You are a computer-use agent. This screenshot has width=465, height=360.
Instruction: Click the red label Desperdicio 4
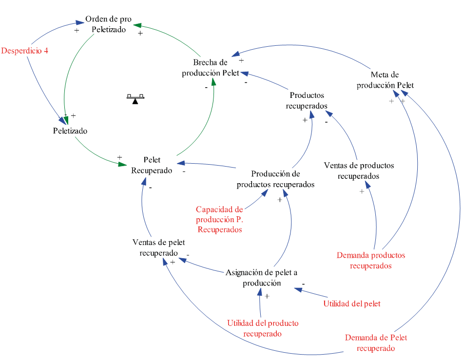pyautogui.click(x=24, y=50)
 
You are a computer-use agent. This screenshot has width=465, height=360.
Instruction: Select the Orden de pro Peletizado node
pyautogui.click(x=108, y=24)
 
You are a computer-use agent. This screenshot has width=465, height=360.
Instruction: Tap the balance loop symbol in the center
pyautogui.click(x=135, y=99)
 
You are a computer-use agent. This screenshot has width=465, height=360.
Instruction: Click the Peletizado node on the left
pyautogui.click(x=70, y=131)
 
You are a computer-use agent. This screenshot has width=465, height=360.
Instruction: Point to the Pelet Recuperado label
pyautogui.click(x=152, y=165)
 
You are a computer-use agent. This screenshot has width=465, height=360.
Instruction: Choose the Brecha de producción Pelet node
pyautogui.click(x=211, y=68)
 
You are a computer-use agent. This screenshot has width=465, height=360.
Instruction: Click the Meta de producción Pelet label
pyautogui.click(x=385, y=80)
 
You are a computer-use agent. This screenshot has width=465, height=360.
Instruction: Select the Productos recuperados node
pyautogui.click(x=307, y=100)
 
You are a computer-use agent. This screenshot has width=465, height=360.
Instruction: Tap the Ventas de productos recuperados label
pyautogui.click(x=359, y=171)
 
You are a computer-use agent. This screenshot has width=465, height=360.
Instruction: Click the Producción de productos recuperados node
pyautogui.click(x=275, y=179)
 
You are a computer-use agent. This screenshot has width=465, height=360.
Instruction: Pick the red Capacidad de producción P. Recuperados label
pyautogui.click(x=219, y=219)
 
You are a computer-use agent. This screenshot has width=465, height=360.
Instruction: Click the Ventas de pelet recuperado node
pyautogui.click(x=158, y=247)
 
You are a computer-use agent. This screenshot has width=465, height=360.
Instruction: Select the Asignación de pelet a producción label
pyautogui.click(x=262, y=278)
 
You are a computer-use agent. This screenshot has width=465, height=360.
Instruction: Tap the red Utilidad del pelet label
pyautogui.click(x=351, y=303)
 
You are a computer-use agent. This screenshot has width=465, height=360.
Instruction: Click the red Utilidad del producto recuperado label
pyautogui.click(x=263, y=328)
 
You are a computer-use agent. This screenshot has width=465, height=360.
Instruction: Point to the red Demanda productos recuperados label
pyautogui.click(x=370, y=260)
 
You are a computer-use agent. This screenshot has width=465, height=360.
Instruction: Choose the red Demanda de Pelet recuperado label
pyautogui.click(x=376, y=343)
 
